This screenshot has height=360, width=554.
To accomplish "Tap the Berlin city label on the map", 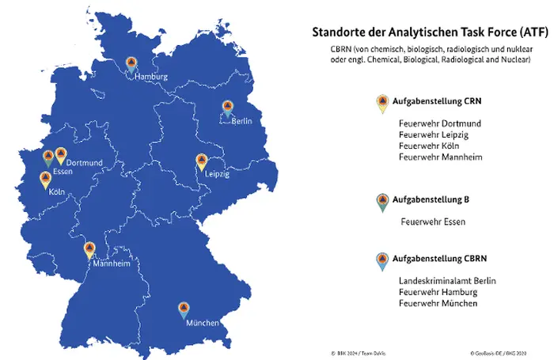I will coord(242,122).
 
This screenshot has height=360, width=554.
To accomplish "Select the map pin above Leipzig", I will coord(202,162).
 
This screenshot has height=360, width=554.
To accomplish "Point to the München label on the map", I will coord(203,324).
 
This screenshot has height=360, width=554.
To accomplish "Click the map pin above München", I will coord(183,309).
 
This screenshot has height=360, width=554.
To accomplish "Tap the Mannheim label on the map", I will coord(112,264).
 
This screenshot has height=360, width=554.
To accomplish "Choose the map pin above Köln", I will coord(45,180).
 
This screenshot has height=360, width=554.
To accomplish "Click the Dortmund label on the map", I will coord(84,162).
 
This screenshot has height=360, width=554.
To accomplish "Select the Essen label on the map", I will coord(63,172).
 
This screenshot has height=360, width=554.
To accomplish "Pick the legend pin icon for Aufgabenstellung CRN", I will coord(382,103).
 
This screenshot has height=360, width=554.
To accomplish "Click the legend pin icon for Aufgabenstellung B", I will coord(382,201).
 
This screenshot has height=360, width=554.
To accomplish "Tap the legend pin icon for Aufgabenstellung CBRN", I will coord(382,260).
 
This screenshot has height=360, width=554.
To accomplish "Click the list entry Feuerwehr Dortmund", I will coord(440,124).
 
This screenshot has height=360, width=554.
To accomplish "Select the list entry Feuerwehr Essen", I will coord(433,222).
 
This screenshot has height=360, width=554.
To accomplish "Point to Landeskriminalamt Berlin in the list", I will coord(447,281).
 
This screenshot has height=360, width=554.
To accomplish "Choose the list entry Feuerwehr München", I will coord(438,303).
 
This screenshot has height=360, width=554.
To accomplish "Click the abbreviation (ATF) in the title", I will coord(522,33).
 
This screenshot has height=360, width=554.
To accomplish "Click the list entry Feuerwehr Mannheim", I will coord(441,157).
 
